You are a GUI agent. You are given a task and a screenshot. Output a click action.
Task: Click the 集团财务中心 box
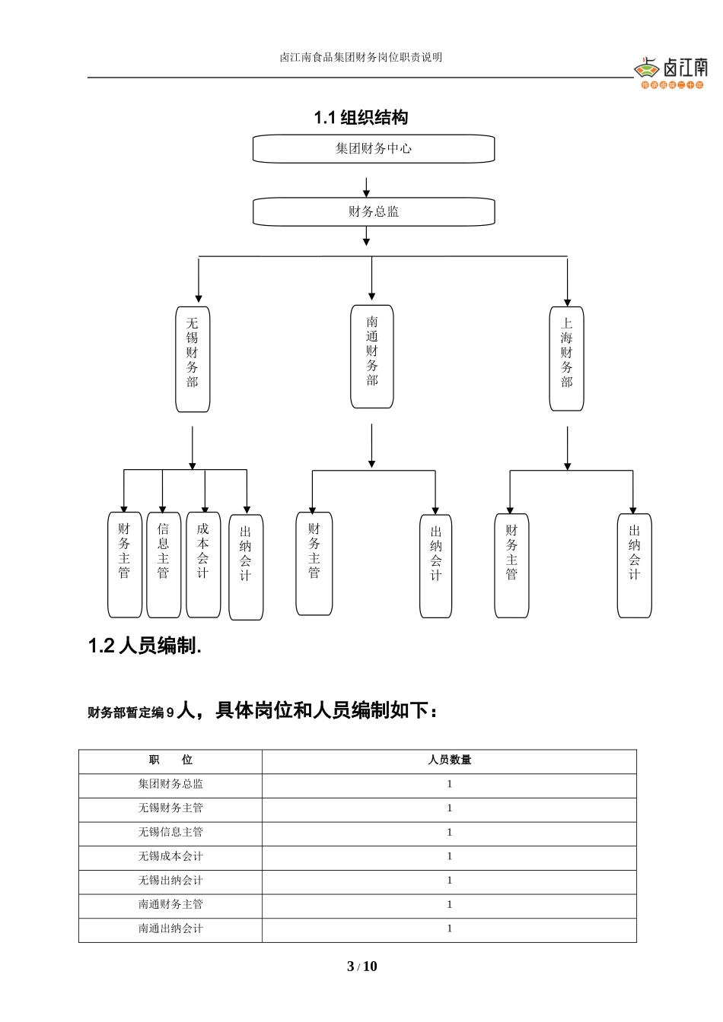click(x=374, y=149)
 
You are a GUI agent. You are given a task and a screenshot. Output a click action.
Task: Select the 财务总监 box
click(x=374, y=212)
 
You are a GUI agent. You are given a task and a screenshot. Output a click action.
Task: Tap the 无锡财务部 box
click(x=193, y=359)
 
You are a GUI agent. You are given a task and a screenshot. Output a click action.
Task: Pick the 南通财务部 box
click(x=371, y=357)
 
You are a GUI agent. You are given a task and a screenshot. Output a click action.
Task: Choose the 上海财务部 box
click(x=566, y=359)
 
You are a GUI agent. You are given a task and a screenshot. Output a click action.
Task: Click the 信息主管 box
click(x=164, y=564)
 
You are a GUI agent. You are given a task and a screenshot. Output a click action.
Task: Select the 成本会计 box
click(x=203, y=564)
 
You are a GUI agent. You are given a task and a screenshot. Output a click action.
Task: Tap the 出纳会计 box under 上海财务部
click(x=634, y=565)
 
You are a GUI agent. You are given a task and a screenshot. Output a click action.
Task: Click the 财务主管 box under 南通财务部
click(x=314, y=563)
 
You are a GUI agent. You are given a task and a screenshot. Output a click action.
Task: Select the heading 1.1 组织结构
click(x=361, y=118)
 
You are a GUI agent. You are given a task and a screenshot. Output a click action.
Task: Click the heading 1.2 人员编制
click(x=145, y=646)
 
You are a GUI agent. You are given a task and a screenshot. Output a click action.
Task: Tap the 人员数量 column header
click(x=449, y=760)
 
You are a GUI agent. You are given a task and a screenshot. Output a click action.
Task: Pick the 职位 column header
click(x=170, y=760)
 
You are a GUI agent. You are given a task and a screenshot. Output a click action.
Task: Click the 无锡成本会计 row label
click(x=170, y=857)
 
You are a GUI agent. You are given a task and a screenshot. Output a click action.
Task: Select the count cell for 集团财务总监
click(x=449, y=785)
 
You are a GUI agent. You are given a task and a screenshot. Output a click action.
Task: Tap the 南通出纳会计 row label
click(x=170, y=929)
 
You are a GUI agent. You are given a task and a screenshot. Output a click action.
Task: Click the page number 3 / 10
click(x=361, y=967)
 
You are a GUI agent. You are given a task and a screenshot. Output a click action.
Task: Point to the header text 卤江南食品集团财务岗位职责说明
click(x=361, y=58)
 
